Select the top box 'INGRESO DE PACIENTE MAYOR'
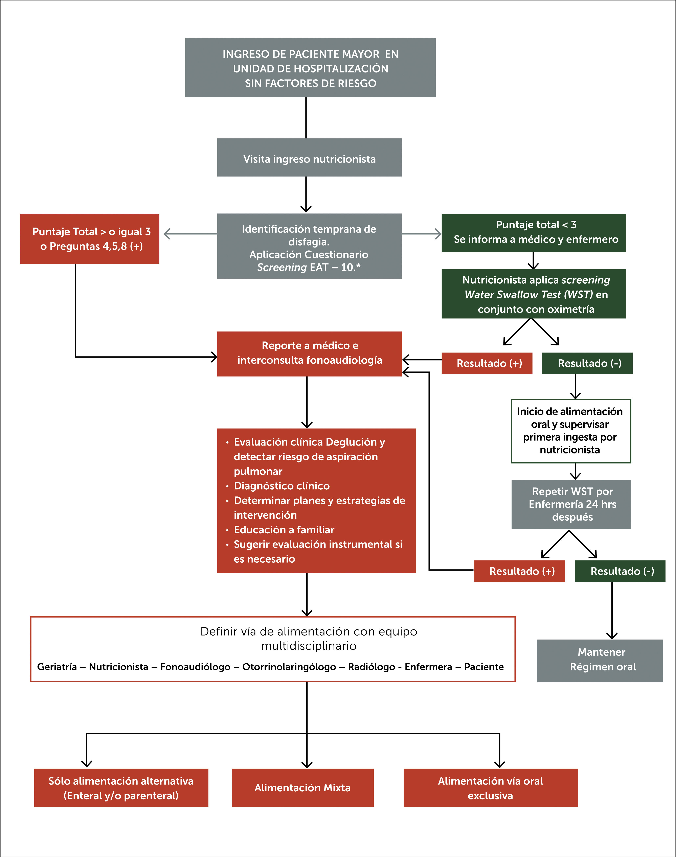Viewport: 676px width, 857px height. pyautogui.click(x=310, y=68)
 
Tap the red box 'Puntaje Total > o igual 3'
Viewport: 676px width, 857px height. pyautogui.click(x=90, y=239)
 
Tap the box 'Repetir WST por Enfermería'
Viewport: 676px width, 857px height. pyautogui.click(x=571, y=504)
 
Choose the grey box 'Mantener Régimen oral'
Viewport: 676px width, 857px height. pyautogui.click(x=600, y=660)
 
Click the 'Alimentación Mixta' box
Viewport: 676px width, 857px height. pyautogui.click(x=302, y=787)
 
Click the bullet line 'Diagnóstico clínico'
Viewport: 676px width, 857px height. pyautogui.click(x=281, y=486)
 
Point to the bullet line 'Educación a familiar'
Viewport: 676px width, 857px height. pyautogui.click(x=284, y=530)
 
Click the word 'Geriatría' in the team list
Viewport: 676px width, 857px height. pyautogui.click(x=57, y=667)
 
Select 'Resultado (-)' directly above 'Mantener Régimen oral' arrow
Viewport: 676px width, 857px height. pyautogui.click(x=620, y=571)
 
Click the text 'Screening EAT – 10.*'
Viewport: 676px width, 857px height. pyautogui.click(x=309, y=267)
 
